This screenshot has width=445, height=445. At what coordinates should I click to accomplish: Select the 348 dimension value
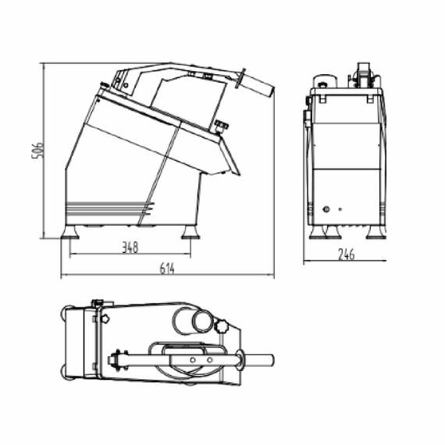point(130,247)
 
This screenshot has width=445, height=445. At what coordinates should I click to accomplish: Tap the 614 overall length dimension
point(166,269)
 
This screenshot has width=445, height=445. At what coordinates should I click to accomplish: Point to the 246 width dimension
point(347,253)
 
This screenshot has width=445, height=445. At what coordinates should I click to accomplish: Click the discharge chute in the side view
point(225,160)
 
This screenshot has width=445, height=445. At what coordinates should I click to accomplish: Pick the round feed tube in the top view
point(190,319)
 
